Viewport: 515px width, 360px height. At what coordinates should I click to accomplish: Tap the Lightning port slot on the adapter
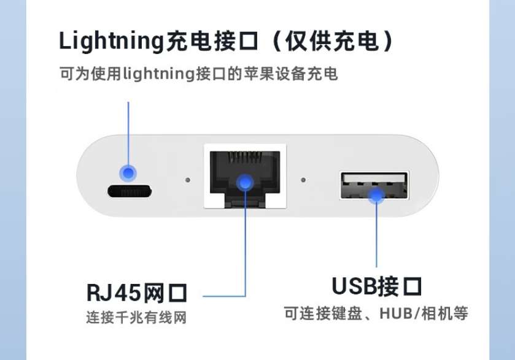click(x=130, y=191)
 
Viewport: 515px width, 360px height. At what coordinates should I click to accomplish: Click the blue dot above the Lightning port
click(x=128, y=173)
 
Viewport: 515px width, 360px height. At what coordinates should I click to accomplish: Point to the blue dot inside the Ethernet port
click(x=245, y=182)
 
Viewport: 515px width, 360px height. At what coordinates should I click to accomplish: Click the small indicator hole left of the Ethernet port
click(x=188, y=181)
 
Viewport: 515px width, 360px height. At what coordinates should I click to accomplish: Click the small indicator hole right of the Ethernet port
click(x=303, y=180)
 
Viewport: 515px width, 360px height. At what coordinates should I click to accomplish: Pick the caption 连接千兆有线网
click(x=136, y=318)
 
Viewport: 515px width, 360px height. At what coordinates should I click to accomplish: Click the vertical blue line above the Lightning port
click(x=128, y=132)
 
